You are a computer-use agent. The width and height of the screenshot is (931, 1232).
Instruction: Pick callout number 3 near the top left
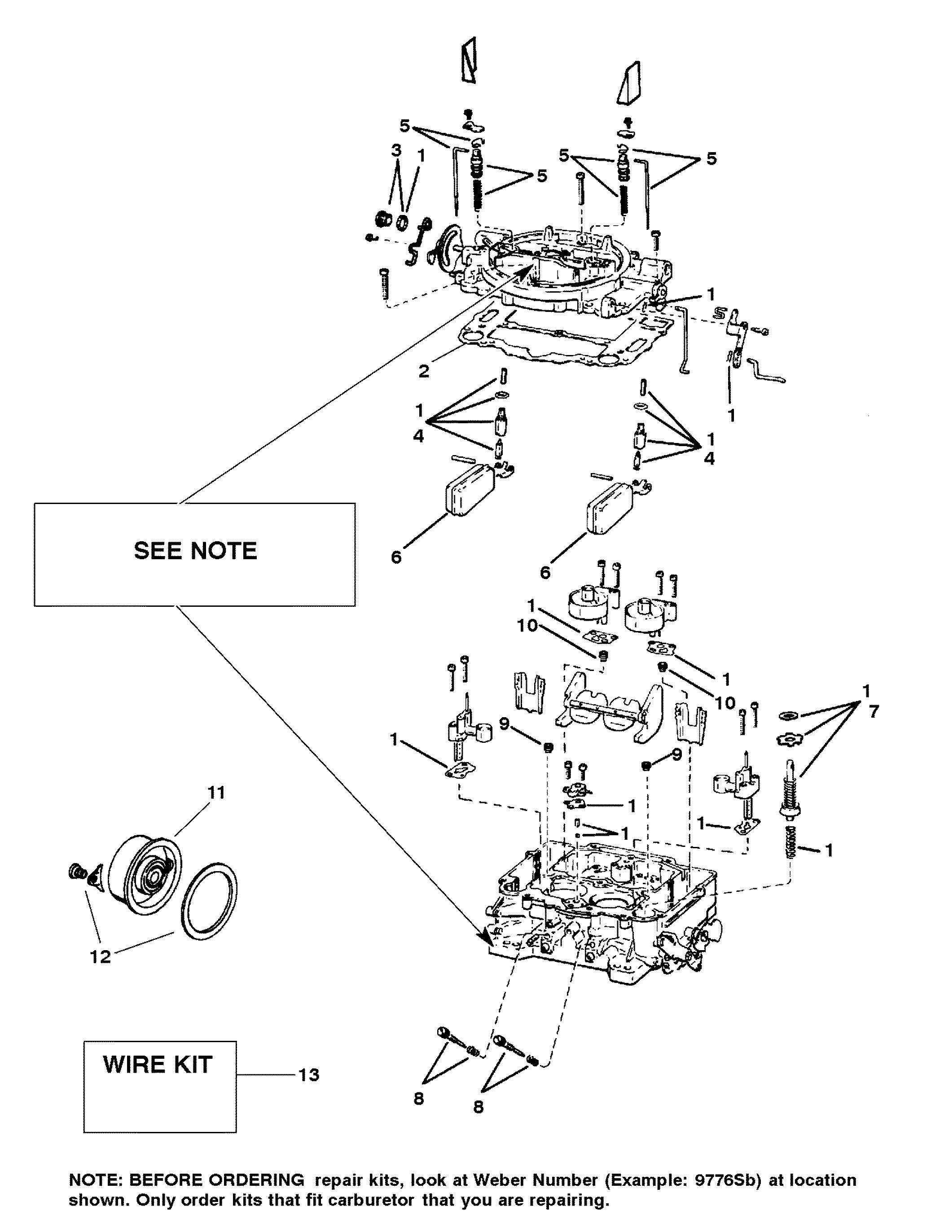(x=395, y=150)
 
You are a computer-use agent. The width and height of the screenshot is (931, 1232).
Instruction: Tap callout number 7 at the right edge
(x=873, y=711)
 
